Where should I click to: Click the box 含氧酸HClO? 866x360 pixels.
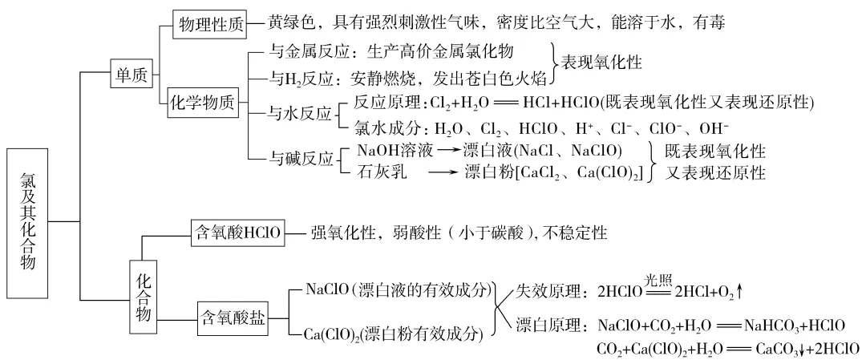(237, 233)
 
